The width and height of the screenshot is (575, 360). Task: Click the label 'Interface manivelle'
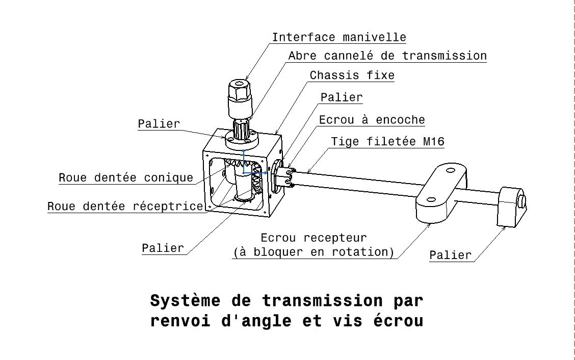338,37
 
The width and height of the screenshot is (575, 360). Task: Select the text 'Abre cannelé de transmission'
387,56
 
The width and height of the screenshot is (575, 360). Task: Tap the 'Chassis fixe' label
352,75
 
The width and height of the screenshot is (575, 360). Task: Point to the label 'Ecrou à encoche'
372,120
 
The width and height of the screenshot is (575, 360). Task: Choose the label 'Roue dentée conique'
126,178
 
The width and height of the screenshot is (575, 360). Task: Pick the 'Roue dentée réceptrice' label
125,207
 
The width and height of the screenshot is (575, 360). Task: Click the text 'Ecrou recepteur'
313,238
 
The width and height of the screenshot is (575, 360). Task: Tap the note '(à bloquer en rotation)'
313,252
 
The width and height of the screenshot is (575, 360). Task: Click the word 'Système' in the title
186,300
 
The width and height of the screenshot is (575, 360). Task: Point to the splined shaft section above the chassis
240,127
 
